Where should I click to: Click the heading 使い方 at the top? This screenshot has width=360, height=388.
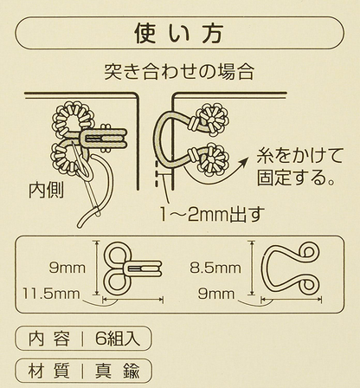tap(179, 34)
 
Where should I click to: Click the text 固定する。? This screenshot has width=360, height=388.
tap(298, 180)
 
